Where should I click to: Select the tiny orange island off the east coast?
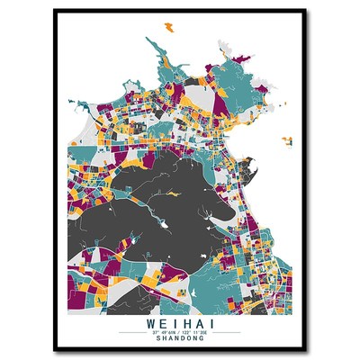[286, 139]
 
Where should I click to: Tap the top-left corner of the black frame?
[55, 10]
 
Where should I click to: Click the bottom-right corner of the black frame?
[305, 350]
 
